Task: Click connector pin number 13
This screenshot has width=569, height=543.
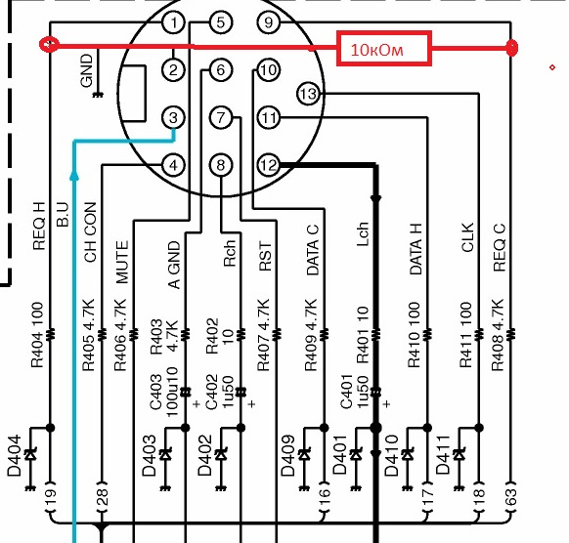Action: tap(308, 94)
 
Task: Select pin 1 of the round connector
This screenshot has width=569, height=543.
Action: tap(174, 22)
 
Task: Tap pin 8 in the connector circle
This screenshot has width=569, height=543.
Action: tap(221, 165)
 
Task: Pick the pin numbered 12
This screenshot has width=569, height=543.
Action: tap(269, 165)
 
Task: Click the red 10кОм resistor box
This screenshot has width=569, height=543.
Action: tap(384, 49)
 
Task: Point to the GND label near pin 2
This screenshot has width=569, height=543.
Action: tap(87, 70)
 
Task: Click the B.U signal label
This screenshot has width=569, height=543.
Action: tap(63, 214)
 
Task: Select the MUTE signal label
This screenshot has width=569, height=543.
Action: tap(122, 262)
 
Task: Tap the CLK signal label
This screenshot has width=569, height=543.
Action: tap(467, 237)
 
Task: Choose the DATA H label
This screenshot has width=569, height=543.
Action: tap(416, 249)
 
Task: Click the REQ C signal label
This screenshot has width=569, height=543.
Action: tap(500, 248)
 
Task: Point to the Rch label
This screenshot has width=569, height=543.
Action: tap(230, 253)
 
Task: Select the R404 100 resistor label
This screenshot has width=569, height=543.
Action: tap(37, 335)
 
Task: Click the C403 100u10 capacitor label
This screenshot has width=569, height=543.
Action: tap(164, 392)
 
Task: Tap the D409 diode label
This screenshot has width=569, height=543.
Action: tap(287, 455)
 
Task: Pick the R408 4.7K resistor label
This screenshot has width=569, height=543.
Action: tap(498, 335)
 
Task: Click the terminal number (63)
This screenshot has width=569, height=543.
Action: tap(509, 497)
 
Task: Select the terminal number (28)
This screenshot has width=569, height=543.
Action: tap(102, 497)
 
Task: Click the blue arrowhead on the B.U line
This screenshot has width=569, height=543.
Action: tap(74, 176)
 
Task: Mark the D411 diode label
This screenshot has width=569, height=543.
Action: tap(443, 455)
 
